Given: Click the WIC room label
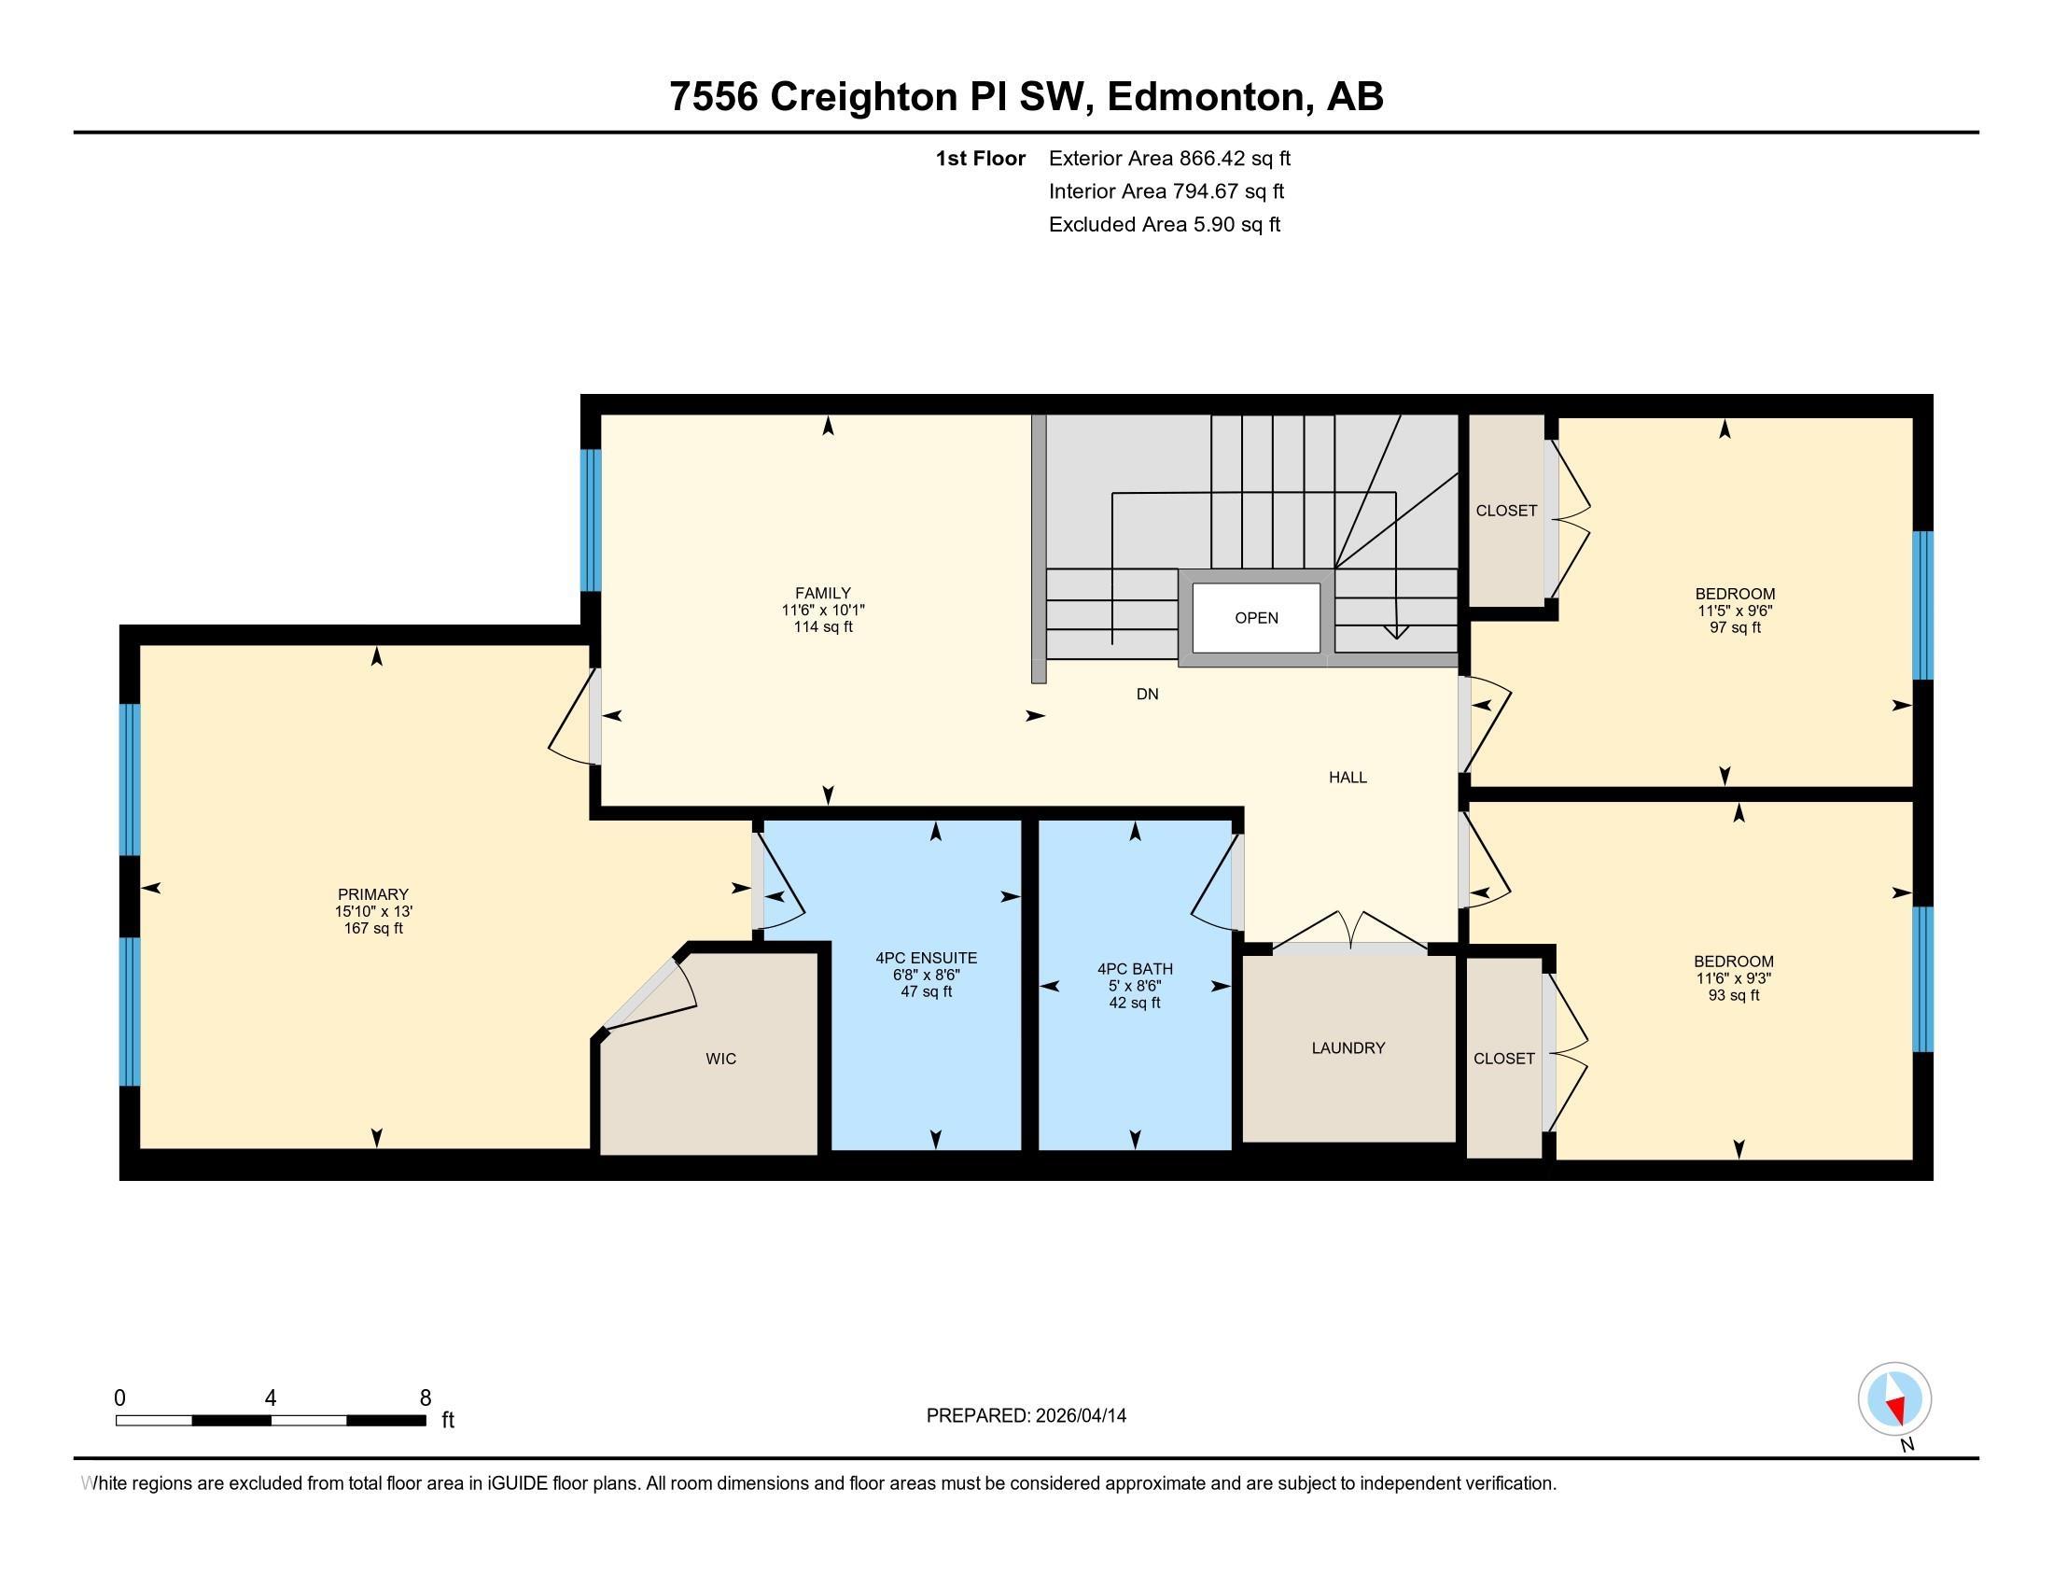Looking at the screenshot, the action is coord(721,1059).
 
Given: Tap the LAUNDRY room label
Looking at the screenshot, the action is coord(1348,1047).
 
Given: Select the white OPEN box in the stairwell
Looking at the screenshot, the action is coord(1256,618).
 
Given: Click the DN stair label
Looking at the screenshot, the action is coord(1147,694).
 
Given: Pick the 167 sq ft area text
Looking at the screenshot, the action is coord(373,928).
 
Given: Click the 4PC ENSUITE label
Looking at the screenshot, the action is coord(926,958).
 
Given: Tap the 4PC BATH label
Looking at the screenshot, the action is coord(1135,969).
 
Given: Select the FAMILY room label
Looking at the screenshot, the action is coord(822,593).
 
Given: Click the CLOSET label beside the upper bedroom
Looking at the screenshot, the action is coord(1506,511).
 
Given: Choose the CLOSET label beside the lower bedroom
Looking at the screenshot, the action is coord(1504,1059).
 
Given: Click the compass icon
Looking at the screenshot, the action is coord(1894,1399).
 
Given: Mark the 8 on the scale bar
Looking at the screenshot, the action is coord(425,1398).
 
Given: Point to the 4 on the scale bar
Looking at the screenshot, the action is coord(271,1398).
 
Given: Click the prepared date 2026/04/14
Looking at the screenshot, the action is coord(1079,1416).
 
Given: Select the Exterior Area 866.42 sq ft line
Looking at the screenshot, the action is coord(1169,158).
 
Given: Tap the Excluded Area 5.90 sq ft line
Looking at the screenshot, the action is coord(1165,224).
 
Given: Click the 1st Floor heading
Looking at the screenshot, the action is coord(981,158).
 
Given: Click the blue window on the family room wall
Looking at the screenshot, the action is coord(591,520).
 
